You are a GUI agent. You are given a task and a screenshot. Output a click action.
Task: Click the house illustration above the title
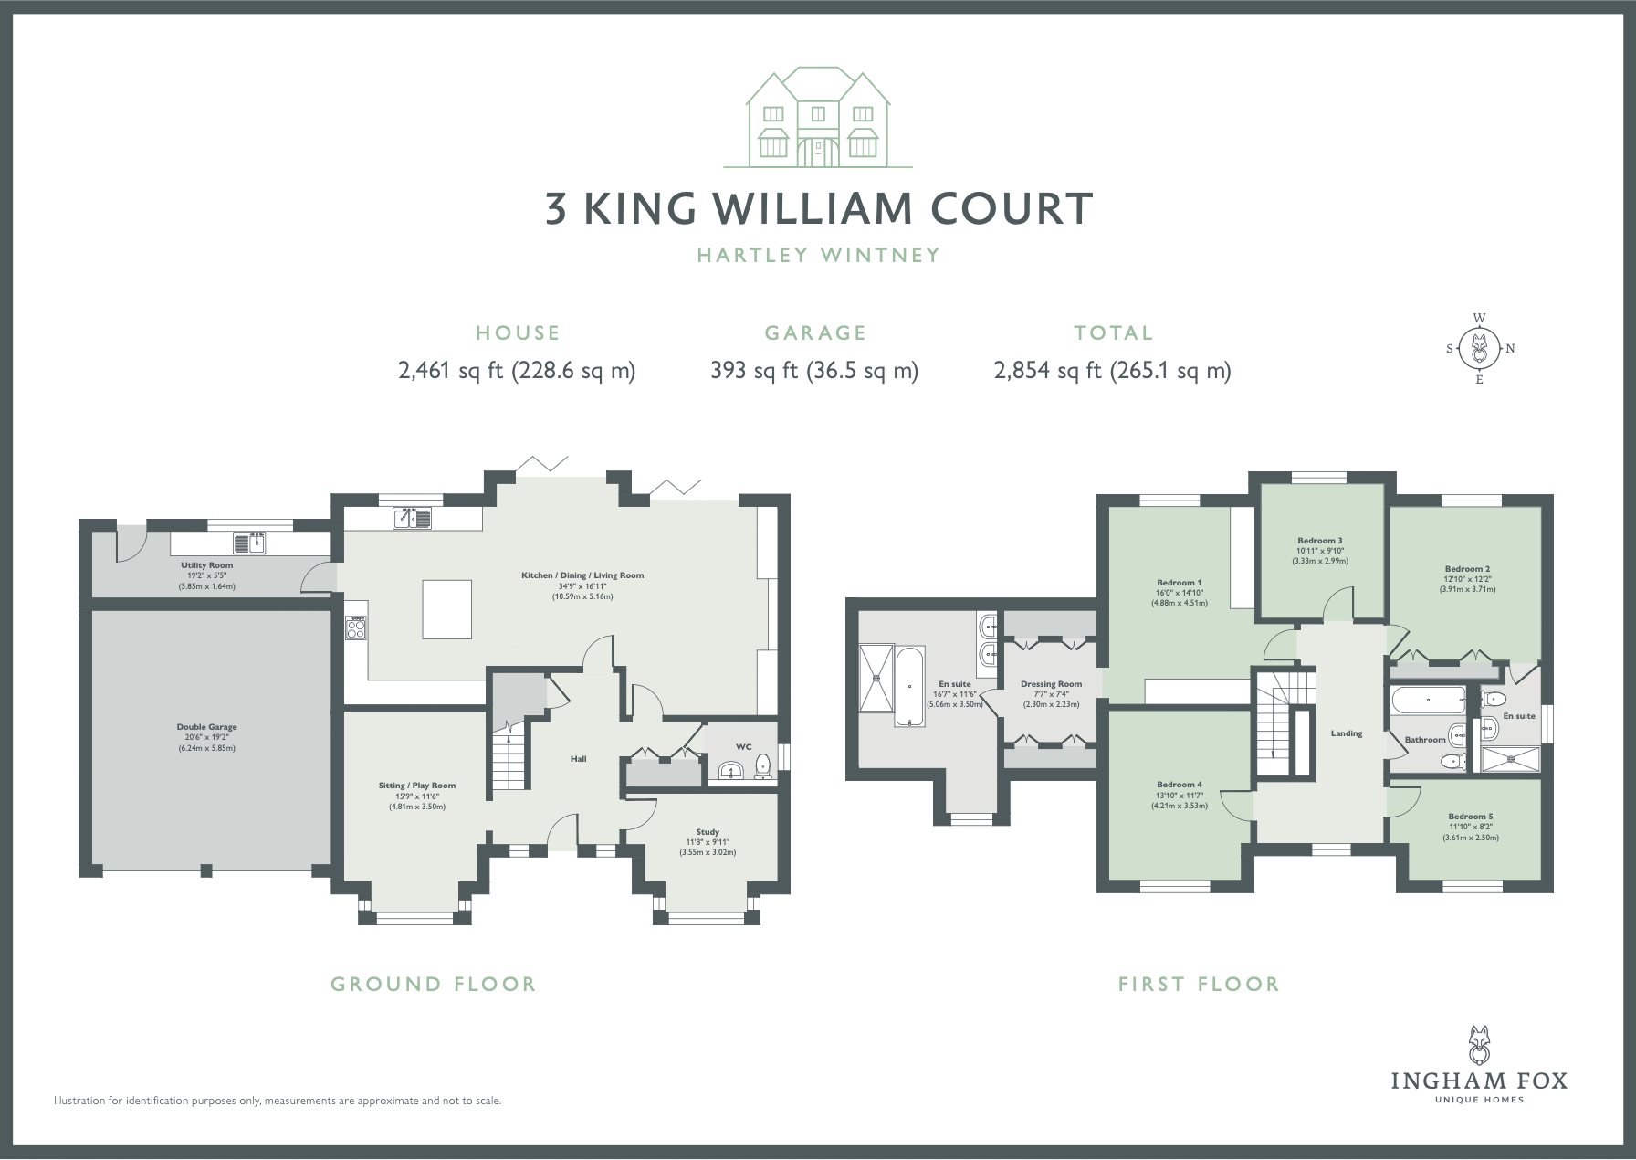(817, 117)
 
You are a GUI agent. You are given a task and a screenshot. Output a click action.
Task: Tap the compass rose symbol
(1479, 348)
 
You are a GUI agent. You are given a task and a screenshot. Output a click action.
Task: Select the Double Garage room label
(207, 727)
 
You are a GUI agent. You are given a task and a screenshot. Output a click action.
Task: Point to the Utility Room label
(207, 565)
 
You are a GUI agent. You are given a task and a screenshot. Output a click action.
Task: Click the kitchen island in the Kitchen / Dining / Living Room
(447, 608)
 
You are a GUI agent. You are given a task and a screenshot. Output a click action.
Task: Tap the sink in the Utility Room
(249, 543)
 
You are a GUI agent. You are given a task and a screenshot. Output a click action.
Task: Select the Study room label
(708, 832)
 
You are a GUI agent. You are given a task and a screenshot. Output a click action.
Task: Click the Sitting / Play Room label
(417, 786)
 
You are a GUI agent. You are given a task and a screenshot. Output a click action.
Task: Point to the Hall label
(578, 759)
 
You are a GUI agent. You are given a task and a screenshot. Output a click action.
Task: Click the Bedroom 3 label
(1320, 541)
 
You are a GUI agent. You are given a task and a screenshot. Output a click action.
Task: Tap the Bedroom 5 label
(1471, 817)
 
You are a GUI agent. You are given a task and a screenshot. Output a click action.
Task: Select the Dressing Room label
(1052, 684)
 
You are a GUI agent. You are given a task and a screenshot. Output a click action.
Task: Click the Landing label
(1347, 733)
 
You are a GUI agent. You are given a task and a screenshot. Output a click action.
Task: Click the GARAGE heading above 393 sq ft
(815, 333)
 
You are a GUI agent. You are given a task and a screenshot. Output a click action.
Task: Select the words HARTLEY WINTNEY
(819, 255)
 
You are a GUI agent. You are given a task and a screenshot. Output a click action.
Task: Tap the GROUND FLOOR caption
(434, 984)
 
